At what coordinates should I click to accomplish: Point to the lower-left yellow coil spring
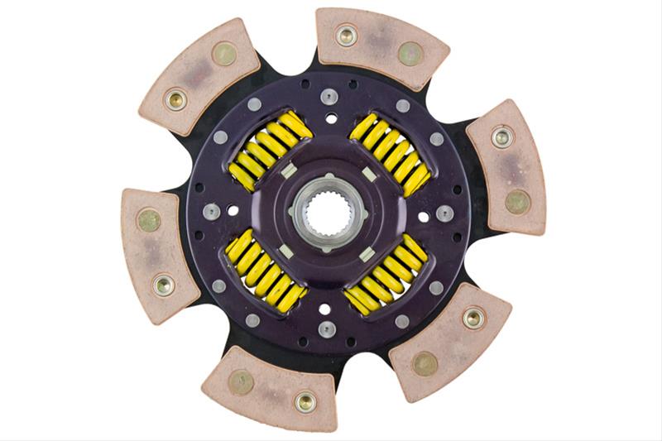point(265,274)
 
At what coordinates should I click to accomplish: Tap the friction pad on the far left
point(156,253)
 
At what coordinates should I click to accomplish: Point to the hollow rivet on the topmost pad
point(346,35)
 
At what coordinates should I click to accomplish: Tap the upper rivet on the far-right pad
point(501,137)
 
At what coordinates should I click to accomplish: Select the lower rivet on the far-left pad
point(163,285)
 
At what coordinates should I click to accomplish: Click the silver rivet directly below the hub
point(328,329)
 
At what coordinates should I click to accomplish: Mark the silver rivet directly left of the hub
point(212,212)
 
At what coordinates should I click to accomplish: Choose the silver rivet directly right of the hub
point(445,213)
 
